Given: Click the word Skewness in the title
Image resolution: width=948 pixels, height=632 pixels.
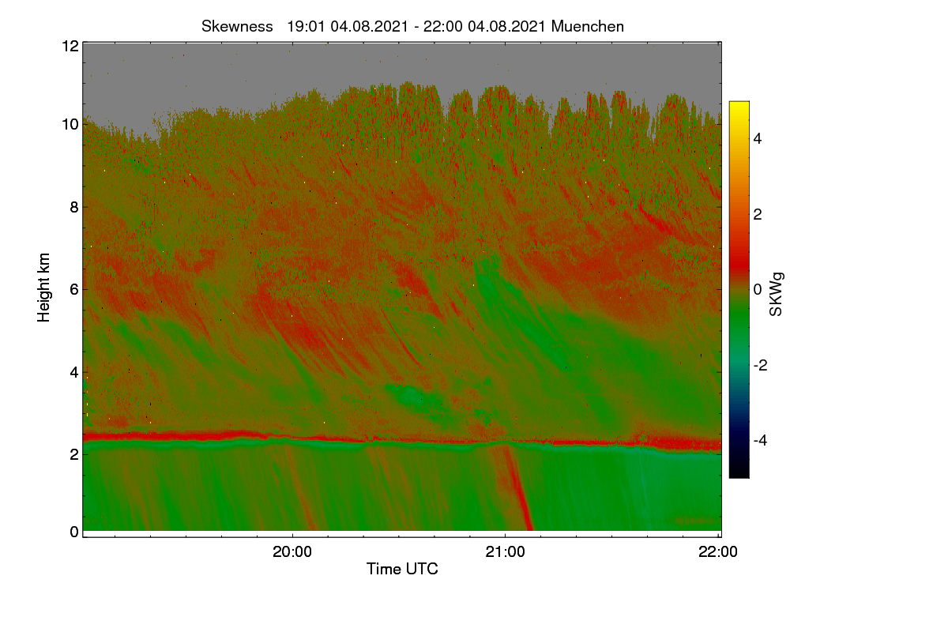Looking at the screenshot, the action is (237, 27).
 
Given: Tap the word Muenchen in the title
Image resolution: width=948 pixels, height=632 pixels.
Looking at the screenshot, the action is (588, 27).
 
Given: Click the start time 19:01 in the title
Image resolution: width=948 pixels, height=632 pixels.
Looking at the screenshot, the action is (306, 27).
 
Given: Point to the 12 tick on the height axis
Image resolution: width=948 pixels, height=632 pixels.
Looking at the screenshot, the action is (70, 46).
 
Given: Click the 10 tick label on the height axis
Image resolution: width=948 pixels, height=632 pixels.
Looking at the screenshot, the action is (70, 125).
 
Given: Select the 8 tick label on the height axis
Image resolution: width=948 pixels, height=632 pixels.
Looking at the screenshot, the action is (74, 207).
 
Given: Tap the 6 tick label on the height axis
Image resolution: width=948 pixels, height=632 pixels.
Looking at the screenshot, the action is (74, 290).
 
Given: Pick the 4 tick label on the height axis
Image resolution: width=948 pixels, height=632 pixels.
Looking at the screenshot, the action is (74, 373).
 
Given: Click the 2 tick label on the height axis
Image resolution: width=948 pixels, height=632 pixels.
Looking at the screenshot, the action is (74, 454).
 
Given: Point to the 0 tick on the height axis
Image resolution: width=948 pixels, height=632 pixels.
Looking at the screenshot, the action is (74, 532).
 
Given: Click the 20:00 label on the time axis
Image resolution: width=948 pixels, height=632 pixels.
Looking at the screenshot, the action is (292, 551).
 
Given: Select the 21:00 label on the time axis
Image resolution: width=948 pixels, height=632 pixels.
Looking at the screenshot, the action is (505, 551).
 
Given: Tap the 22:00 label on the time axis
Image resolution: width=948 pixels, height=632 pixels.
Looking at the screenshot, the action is (718, 551).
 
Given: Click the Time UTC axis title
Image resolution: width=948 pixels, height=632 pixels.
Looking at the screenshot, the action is (402, 569).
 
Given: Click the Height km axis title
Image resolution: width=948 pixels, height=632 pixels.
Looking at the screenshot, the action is (43, 288).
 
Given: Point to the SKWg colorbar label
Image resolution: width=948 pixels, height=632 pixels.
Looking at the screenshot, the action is (776, 294).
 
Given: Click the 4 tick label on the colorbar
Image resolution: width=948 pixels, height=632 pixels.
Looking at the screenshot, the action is (758, 139).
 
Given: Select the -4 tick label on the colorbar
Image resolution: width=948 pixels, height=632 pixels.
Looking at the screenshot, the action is (760, 441).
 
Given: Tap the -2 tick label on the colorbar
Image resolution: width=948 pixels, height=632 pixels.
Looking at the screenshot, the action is (760, 365).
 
